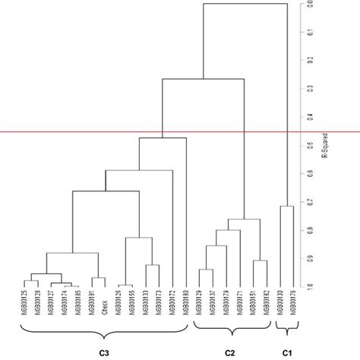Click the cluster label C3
point(105,352)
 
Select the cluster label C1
point(287,352)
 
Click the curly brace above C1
point(287,328)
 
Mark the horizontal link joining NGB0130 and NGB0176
point(287,206)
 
